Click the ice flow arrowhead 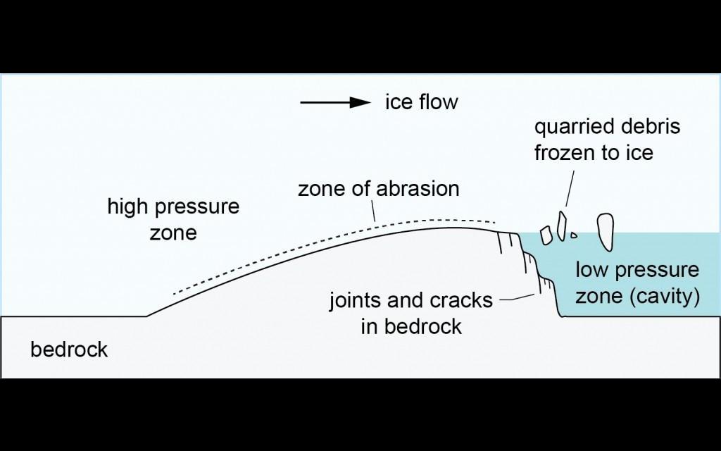coord(361,102)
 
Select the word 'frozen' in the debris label coord(568,152)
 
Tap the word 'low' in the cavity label coord(592,270)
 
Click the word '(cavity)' coord(665,296)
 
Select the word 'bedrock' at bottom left coord(69,350)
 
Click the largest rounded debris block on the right coord(604,232)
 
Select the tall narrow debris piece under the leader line coord(562,225)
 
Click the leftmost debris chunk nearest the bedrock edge coord(546,235)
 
